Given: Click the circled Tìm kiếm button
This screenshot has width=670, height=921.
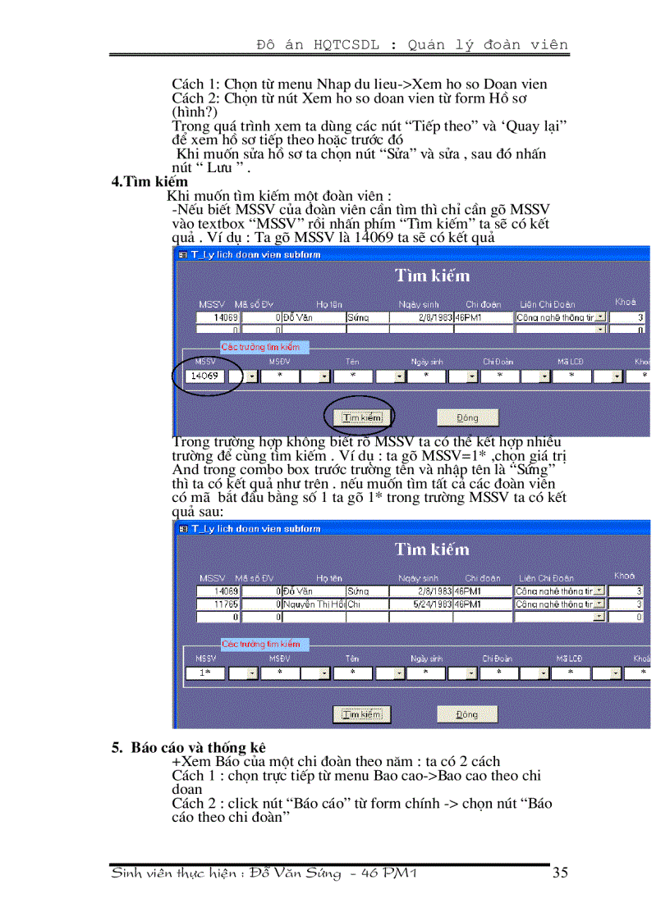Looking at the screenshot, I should click(x=362, y=417).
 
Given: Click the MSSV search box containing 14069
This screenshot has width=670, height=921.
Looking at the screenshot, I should click(x=204, y=376).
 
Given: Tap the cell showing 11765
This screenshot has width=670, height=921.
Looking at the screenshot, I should click(x=219, y=604).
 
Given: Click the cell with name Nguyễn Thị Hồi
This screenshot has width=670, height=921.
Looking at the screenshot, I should click(x=314, y=604).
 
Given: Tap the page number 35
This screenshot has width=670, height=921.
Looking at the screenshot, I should click(x=560, y=873).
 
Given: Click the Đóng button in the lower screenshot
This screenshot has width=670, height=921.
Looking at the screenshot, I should click(x=466, y=714).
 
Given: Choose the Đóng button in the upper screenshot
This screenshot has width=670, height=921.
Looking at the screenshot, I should click(x=466, y=417).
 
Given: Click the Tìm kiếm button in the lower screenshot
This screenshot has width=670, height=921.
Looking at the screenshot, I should click(x=362, y=714).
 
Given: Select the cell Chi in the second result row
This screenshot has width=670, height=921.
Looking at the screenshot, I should click(x=354, y=604).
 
